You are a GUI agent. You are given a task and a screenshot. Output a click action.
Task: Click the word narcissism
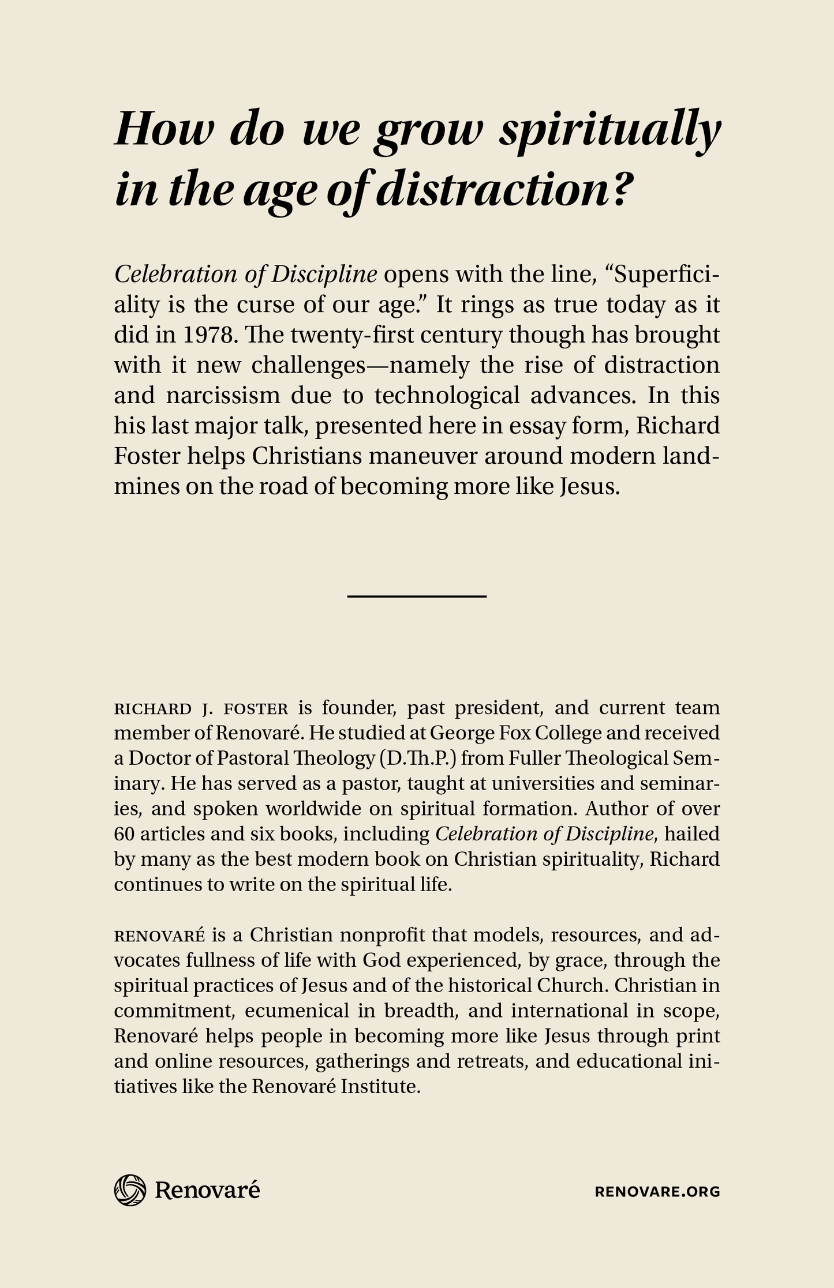click(225, 396)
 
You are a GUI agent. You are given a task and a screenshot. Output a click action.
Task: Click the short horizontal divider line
click(417, 595)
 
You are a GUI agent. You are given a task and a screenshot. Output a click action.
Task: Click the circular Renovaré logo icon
click(130, 1190)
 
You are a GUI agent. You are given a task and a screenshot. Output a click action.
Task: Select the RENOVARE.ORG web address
click(657, 1192)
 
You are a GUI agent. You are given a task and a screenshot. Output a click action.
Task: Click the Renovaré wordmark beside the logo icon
click(207, 1190)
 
